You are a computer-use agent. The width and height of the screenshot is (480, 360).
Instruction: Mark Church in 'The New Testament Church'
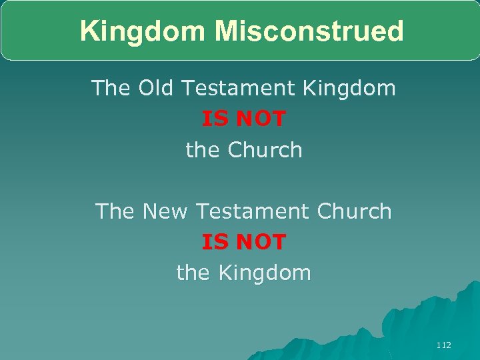pyautogui.click(x=354, y=211)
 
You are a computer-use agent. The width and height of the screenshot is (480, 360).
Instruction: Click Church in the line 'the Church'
pyautogui.click(x=265, y=150)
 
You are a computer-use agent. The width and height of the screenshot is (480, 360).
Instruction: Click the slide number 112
pyautogui.click(x=443, y=345)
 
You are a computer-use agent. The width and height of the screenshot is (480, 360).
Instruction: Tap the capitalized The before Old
pyautogui.click(x=111, y=87)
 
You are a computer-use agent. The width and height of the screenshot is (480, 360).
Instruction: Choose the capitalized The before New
pyautogui.click(x=115, y=211)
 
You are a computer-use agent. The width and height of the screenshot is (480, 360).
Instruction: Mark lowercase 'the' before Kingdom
pyautogui.click(x=193, y=273)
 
